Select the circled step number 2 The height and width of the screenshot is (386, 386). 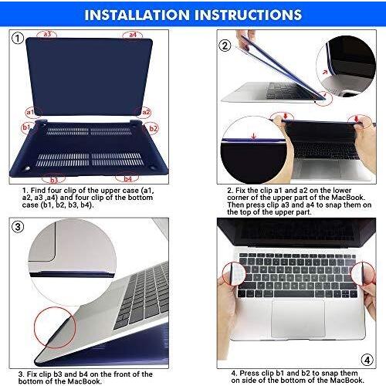coord(225,46)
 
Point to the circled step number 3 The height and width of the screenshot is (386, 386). coord(19,226)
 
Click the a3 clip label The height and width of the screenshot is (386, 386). coord(47,34)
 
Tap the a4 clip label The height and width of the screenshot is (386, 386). coord(133,34)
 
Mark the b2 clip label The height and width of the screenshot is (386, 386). coord(153,128)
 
